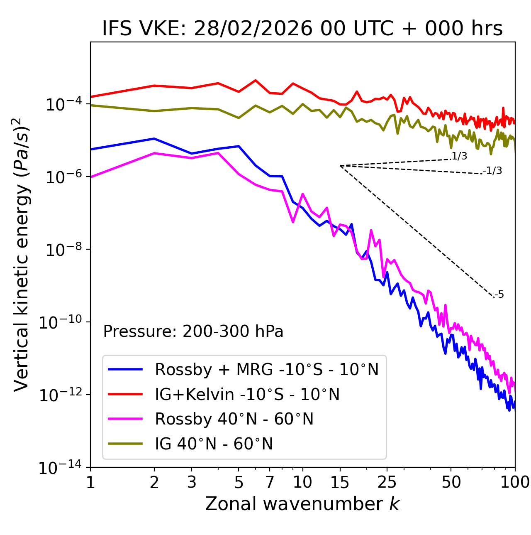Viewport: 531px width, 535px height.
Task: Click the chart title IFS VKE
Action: pos(302,29)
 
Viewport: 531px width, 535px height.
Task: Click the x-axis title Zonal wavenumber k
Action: pos(302,504)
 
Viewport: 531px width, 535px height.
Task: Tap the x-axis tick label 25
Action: pos(387,482)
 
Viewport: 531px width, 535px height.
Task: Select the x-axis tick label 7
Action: pos(270,482)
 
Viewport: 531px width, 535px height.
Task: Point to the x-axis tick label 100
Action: pos(515,482)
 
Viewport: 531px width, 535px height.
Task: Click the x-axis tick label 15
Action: pos(340,482)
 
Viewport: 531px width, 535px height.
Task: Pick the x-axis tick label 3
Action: pos(191,482)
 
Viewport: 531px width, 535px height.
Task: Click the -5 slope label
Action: pos(499,295)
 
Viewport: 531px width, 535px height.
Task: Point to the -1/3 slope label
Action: pos(492,171)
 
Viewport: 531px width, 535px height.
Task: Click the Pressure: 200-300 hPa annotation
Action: pos(193,331)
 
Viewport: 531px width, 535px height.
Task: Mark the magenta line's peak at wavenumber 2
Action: pos(154,153)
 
